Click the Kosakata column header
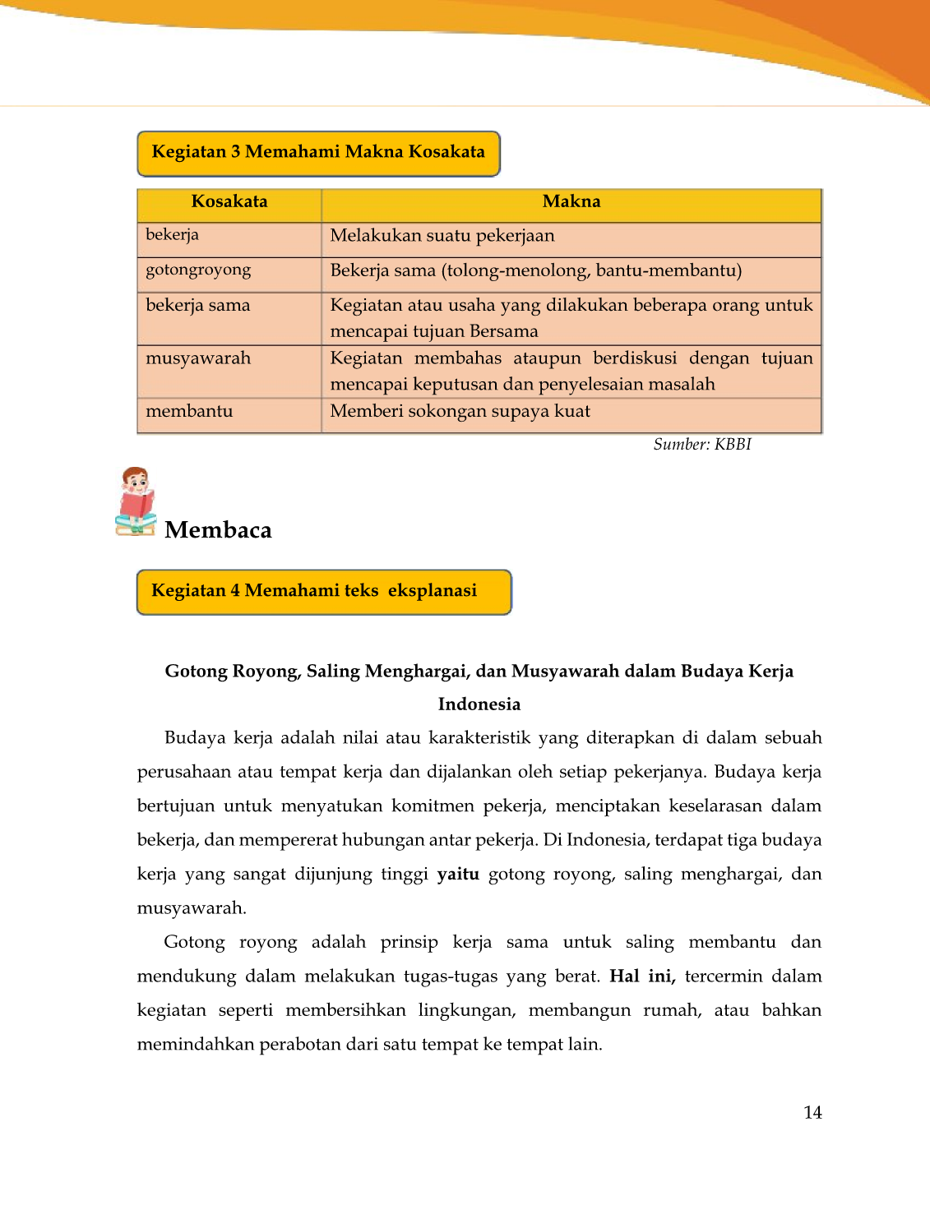229,202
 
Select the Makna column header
571,202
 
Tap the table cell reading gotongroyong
199,270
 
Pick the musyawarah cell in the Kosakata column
198,358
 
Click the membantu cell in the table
190,412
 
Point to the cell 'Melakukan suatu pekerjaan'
442,237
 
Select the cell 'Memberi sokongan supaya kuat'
460,412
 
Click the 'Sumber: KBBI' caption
702,445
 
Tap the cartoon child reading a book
136,501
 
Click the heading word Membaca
218,530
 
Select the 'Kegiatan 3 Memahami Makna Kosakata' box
318,153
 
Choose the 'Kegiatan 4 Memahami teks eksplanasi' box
323,592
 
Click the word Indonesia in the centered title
479,704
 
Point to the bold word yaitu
458,875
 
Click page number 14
812,1113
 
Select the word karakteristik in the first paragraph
479,738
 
